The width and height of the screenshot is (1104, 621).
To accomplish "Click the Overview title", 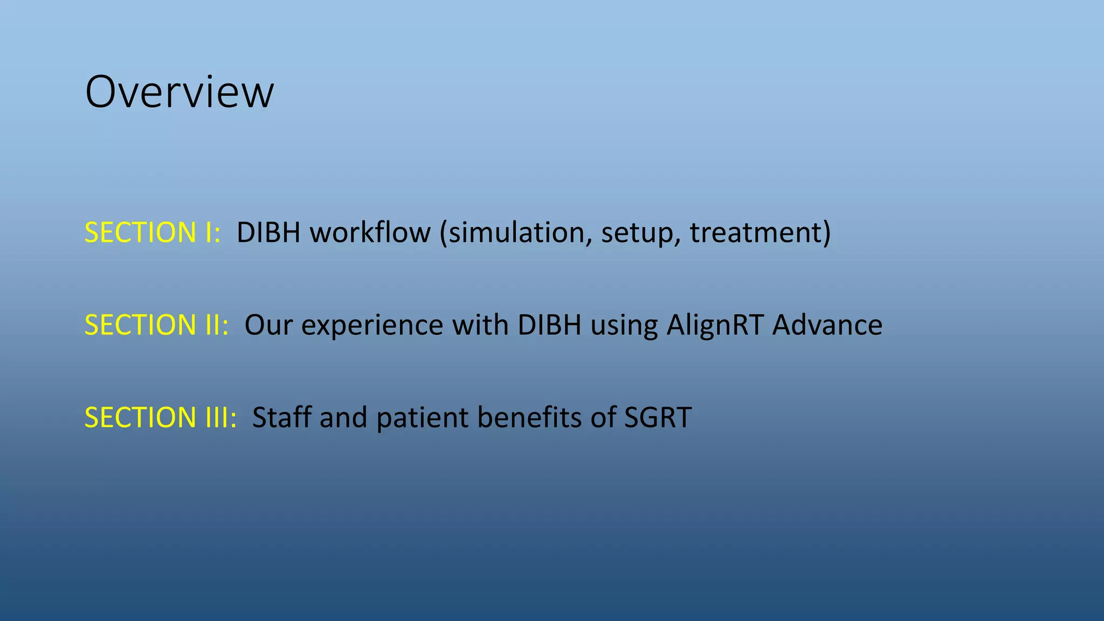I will pyautogui.click(x=180, y=92).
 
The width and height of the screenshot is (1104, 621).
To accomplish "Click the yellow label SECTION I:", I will pyautogui.click(x=153, y=233).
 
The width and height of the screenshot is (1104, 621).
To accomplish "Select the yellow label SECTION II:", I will pyautogui.click(x=157, y=325).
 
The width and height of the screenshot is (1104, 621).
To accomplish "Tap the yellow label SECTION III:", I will pyautogui.click(x=161, y=418).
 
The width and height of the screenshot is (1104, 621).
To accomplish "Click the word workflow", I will pyautogui.click(x=370, y=233).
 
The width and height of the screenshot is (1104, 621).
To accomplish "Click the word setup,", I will pyautogui.click(x=641, y=233).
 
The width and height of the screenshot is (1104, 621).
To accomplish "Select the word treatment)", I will pyautogui.click(x=761, y=233).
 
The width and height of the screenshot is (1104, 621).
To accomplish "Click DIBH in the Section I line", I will pyautogui.click(x=268, y=233).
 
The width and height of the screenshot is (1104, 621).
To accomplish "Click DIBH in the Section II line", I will pyautogui.click(x=549, y=325).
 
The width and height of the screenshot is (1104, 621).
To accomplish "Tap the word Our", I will pyautogui.click(x=268, y=325).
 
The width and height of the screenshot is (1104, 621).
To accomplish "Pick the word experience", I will pyautogui.click(x=372, y=325).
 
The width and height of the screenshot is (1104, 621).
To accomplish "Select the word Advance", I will pyautogui.click(x=827, y=325).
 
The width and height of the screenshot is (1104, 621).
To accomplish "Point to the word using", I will pyautogui.click(x=624, y=325).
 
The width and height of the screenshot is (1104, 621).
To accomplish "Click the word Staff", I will pyautogui.click(x=282, y=418).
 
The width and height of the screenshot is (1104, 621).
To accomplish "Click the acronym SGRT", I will pyautogui.click(x=658, y=418).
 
